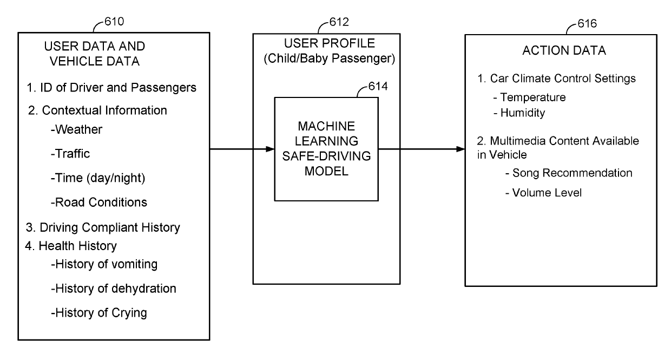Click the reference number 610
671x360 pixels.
114,22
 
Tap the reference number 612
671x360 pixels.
339,22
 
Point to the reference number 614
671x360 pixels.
378,86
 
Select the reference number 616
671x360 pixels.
587,23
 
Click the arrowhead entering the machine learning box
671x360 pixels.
270,149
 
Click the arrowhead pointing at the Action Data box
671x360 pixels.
461,149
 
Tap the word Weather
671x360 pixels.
79,129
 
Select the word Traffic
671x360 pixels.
73,154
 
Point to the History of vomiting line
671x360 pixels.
104,264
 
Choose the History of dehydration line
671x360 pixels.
114,289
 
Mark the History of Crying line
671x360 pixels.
99,313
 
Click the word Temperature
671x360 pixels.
533,97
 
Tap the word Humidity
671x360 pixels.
523,113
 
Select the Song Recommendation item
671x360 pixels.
572,173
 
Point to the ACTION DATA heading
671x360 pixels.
564,50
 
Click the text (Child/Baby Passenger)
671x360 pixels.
329,58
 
